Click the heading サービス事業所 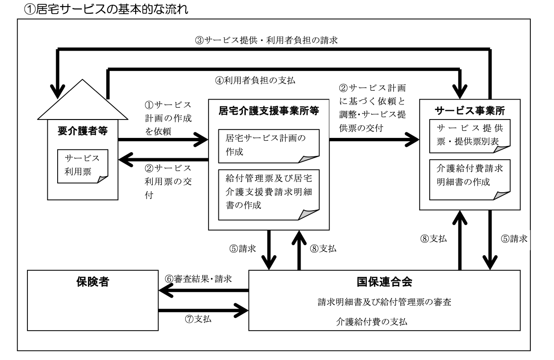470,110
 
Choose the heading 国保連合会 384,283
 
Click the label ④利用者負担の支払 255,80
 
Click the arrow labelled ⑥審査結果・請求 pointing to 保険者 203,291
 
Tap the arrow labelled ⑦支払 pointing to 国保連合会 203,310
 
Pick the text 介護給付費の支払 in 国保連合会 384,321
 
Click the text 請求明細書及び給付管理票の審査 384,302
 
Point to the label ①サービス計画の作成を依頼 168,118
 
